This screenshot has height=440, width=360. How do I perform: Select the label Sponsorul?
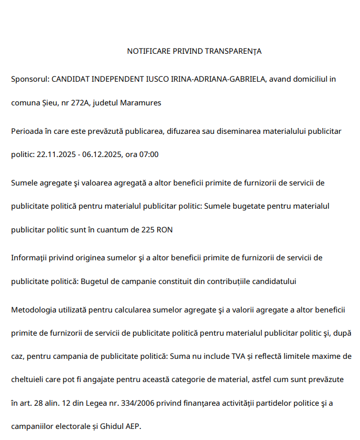pyautogui.click(x=30, y=79)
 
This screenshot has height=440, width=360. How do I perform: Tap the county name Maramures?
pyautogui.click(x=141, y=103)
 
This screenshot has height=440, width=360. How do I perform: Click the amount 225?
pyautogui.click(x=149, y=230)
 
